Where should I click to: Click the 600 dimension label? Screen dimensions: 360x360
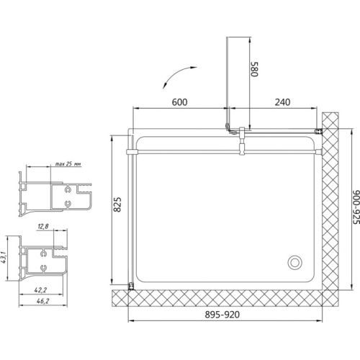tap(179, 102)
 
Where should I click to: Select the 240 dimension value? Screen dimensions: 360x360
tap(282, 102)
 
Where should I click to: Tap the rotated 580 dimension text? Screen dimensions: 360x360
tap(254, 69)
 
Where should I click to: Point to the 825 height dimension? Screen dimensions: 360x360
tap(117, 204)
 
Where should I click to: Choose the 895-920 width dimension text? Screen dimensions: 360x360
tap(222, 315)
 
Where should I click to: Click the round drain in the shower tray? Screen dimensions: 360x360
tap(294, 262)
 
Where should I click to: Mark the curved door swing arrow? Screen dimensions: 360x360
tap(177, 75)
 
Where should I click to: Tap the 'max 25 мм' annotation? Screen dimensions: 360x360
tap(68, 164)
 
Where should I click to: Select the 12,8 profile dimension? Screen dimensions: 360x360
tap(43, 226)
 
